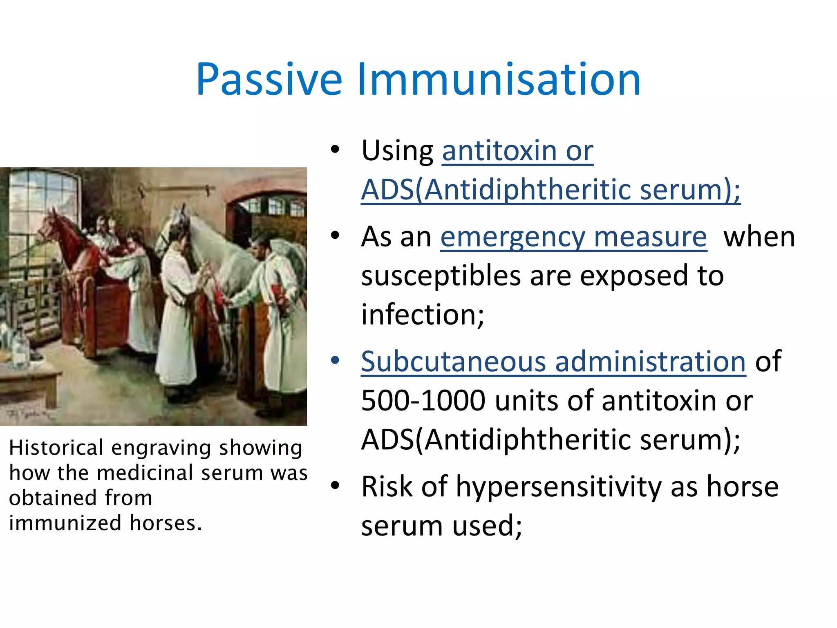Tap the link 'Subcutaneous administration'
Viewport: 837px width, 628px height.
click(x=553, y=362)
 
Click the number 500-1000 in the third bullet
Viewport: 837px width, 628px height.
click(x=423, y=401)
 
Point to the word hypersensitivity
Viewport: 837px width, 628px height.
click(x=558, y=487)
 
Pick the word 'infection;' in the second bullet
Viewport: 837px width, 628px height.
click(x=423, y=315)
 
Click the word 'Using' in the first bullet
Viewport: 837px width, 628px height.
click(x=397, y=151)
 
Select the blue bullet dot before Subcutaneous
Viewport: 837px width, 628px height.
click(x=335, y=361)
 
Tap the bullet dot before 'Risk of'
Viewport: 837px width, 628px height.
click(x=335, y=486)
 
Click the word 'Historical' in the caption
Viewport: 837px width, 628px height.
click(x=56, y=448)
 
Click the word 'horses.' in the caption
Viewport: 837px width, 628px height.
click(x=166, y=523)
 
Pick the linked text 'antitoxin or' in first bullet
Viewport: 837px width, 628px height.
click(x=517, y=151)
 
